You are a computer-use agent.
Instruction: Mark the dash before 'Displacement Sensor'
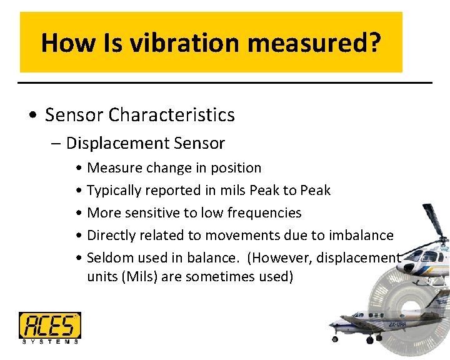[57, 144]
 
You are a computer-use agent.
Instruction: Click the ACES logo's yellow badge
[49, 325]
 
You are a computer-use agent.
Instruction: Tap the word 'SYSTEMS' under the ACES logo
[49, 341]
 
